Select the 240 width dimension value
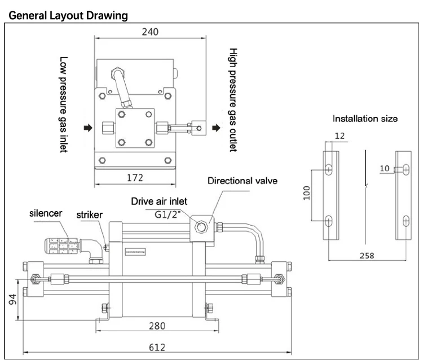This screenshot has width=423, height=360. pyautogui.click(x=151, y=33)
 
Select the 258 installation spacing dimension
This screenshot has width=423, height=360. pyautogui.click(x=367, y=255)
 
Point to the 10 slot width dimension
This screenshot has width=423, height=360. pyautogui.click(x=384, y=169)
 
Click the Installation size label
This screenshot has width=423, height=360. pyautogui.click(x=365, y=118)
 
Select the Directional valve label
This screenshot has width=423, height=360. pyautogui.click(x=243, y=181)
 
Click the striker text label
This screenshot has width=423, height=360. pyautogui.click(x=95, y=215)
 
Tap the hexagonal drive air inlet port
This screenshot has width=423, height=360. pyautogui.click(x=201, y=227)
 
